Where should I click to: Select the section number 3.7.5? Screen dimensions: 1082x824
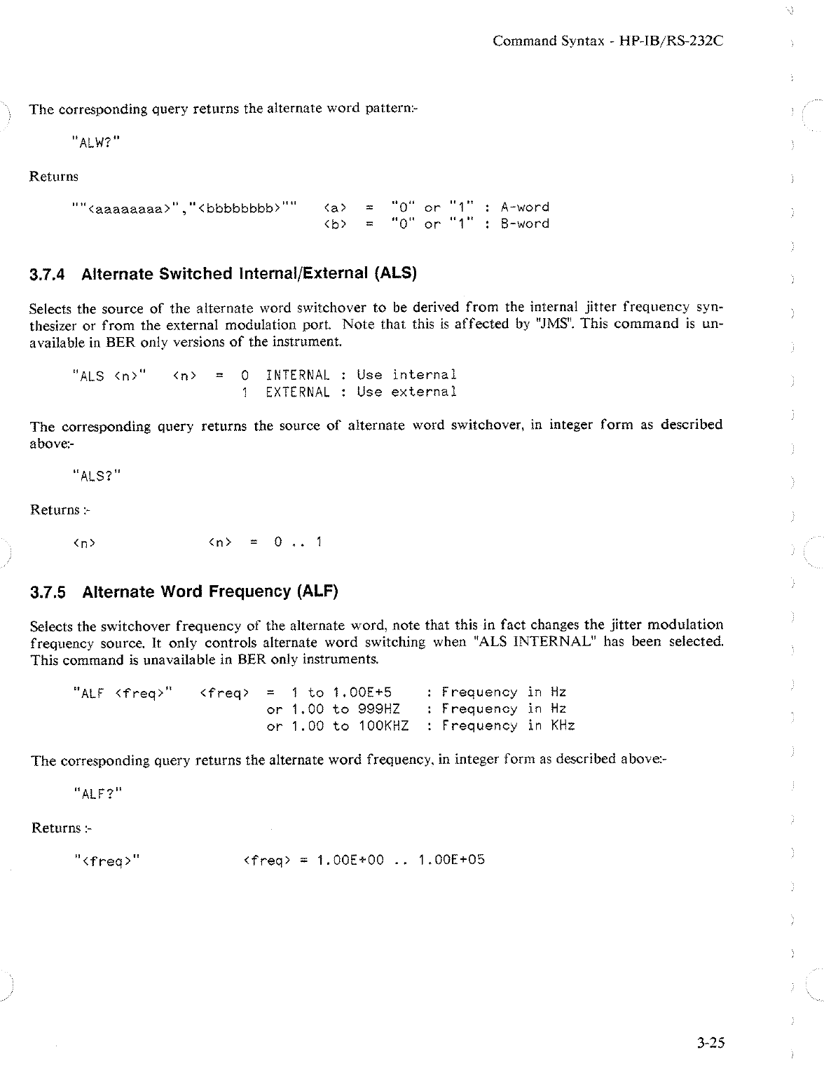coord(48,592)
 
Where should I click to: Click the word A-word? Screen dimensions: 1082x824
coord(524,207)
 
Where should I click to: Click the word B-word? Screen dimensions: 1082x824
coord(524,224)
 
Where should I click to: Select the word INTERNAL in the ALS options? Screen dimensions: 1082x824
coord(298,375)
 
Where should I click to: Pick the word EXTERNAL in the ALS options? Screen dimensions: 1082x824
coord(298,392)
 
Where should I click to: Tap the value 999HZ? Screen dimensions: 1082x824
coord(378,709)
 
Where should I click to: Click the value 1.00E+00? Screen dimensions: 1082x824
coord(350,860)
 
